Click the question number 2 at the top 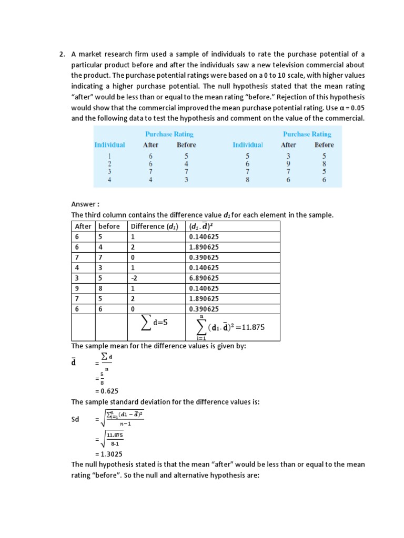[x=62, y=54]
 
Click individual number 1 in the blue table [x=109, y=156]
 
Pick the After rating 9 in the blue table [x=288, y=164]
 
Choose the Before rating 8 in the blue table [x=324, y=164]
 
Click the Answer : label [x=85, y=204]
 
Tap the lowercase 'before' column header [x=109, y=226]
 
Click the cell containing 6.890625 [x=204, y=278]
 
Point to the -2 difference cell [x=135, y=278]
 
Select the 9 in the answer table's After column [x=77, y=288]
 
